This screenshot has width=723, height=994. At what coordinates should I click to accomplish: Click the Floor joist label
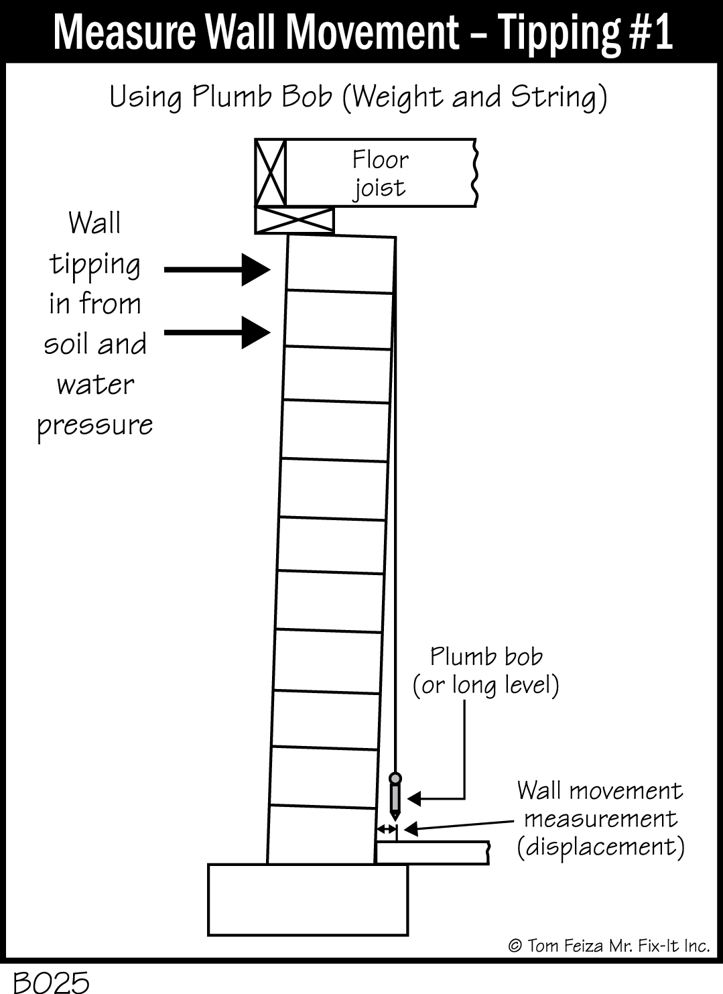[x=380, y=173]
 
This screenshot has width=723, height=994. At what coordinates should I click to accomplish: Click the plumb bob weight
[x=395, y=796]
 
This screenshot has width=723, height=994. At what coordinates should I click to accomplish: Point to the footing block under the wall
[x=308, y=899]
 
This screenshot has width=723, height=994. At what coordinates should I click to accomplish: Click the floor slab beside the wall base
[x=432, y=853]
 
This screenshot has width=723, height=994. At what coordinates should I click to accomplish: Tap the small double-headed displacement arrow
[x=387, y=830]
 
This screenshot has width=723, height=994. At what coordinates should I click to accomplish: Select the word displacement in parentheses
[x=600, y=847]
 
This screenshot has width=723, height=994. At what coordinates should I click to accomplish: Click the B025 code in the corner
[x=51, y=982]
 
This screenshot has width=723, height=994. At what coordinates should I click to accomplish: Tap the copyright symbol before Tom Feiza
[x=515, y=946]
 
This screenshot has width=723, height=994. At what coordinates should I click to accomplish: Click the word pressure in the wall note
[x=95, y=426]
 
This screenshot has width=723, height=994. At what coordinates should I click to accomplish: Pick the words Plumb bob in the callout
[x=486, y=656]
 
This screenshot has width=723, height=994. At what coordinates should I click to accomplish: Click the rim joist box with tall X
[x=271, y=173]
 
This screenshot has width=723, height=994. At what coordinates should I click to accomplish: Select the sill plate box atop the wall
[x=295, y=220]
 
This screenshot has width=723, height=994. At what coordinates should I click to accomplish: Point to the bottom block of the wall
[x=321, y=834]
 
